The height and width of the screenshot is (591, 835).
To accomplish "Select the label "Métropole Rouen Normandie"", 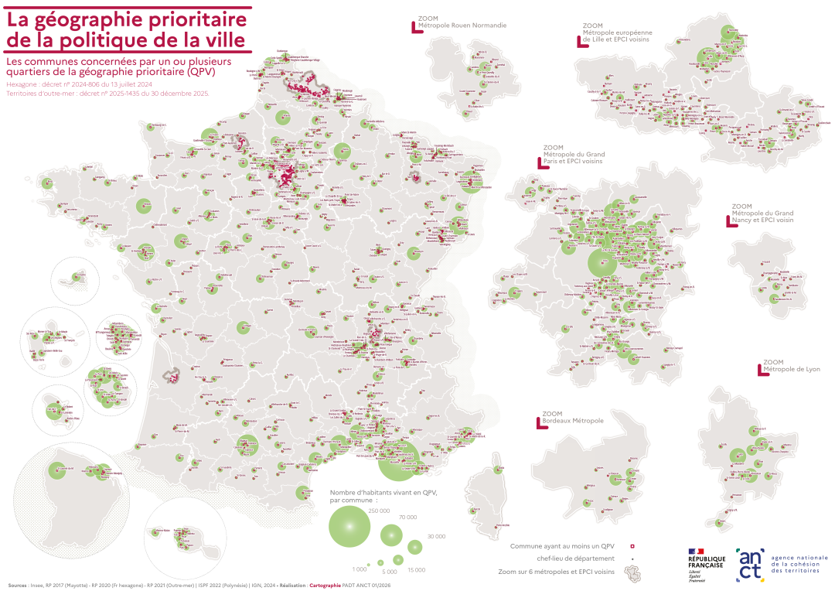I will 462,25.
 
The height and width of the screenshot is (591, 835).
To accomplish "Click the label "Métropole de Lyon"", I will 792,369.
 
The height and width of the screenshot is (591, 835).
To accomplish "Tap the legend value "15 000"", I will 416,570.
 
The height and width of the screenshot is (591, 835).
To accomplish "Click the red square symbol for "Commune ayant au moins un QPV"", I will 632,546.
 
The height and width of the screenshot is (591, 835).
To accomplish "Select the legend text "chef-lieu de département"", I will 575,558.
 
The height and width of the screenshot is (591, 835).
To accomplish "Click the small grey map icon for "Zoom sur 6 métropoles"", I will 632,572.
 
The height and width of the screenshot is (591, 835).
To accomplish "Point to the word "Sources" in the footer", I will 18,586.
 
